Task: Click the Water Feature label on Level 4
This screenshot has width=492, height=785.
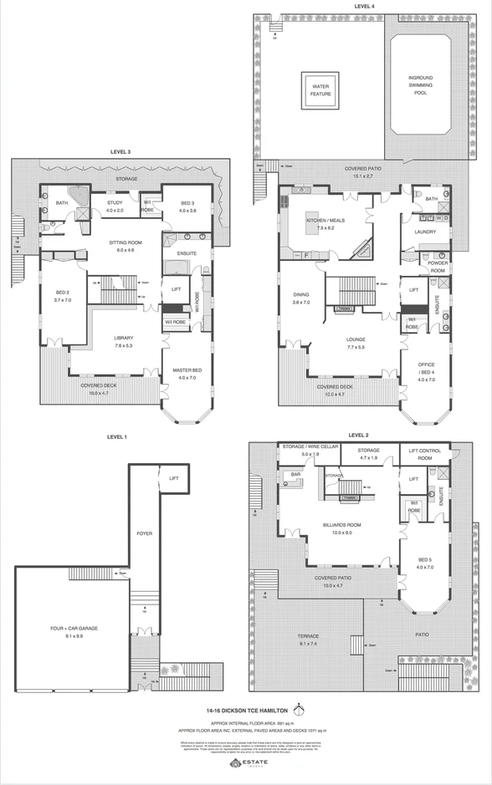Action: coord(321,89)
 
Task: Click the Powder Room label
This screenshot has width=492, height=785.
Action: coord(438,267)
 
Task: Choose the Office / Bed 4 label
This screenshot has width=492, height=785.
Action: coord(427,371)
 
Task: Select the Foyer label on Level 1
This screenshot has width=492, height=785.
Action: coord(144,533)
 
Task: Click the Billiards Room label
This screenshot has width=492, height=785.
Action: coord(338,528)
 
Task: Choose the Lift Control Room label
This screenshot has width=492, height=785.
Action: coord(424,455)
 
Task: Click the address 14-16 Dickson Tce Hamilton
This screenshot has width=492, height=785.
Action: coord(246,711)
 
